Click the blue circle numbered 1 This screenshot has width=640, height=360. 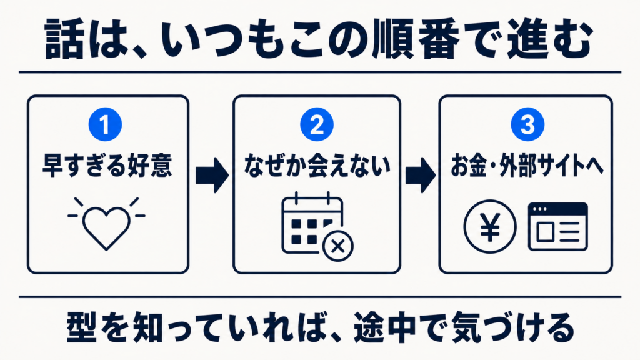coord(105,124)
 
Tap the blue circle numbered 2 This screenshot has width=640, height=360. coord(317,124)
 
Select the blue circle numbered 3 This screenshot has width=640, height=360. coord(527,124)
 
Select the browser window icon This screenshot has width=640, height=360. coord(558,226)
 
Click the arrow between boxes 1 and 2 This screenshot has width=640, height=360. coord(212,176)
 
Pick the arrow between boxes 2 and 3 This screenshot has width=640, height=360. coord(421,176)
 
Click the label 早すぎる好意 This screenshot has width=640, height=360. coord(107,165)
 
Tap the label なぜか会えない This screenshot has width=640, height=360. coord(317,165)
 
